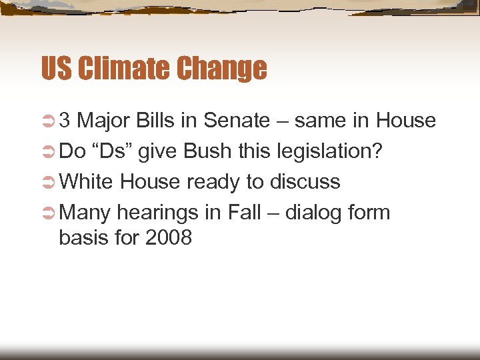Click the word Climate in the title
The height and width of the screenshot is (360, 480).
116,68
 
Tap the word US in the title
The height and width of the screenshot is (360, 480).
56,68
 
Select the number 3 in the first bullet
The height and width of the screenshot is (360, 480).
65,121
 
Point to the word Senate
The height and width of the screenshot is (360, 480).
237,121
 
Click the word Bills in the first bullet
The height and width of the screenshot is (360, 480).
159,121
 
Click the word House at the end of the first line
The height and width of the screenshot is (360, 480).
405,121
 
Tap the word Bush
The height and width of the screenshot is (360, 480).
207,151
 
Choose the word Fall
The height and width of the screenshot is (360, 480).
244,213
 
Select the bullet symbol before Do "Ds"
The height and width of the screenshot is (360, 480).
48,152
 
